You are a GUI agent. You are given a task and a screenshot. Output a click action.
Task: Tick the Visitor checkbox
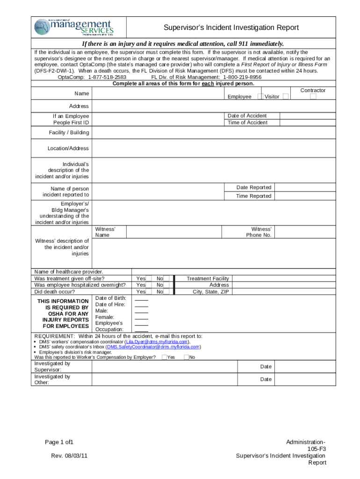[x=285, y=96]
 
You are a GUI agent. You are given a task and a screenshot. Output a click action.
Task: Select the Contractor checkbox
[x=313, y=96]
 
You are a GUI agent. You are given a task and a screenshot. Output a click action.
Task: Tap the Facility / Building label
[x=69, y=133]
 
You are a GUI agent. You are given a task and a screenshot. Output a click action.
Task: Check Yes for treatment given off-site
[x=149, y=278]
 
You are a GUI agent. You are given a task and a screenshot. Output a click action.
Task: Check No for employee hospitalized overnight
[x=166, y=285]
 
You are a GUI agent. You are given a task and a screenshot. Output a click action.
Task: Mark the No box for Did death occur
[x=166, y=291]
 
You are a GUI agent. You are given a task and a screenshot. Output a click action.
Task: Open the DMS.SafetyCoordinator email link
[x=153, y=347]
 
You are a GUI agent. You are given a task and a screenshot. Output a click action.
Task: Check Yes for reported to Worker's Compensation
[x=164, y=357]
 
